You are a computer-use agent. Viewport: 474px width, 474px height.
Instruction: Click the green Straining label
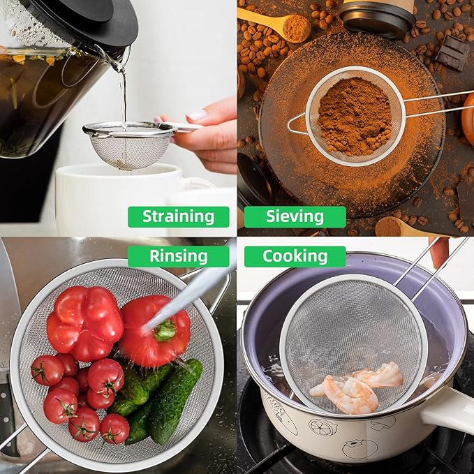point(178,216)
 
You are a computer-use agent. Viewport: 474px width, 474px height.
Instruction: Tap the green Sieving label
point(295,216)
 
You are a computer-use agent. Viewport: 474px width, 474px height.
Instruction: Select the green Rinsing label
point(178,256)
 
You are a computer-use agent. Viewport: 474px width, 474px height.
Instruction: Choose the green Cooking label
point(295,256)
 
